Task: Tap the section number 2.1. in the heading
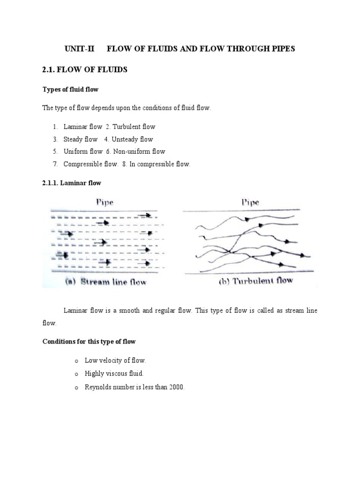click(x=51, y=70)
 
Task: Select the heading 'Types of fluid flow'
click(x=70, y=89)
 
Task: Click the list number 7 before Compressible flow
click(x=55, y=164)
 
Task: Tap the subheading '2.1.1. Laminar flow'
click(x=72, y=183)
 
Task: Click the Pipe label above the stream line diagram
click(x=105, y=202)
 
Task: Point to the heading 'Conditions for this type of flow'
click(x=89, y=341)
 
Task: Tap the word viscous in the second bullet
click(x=117, y=374)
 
